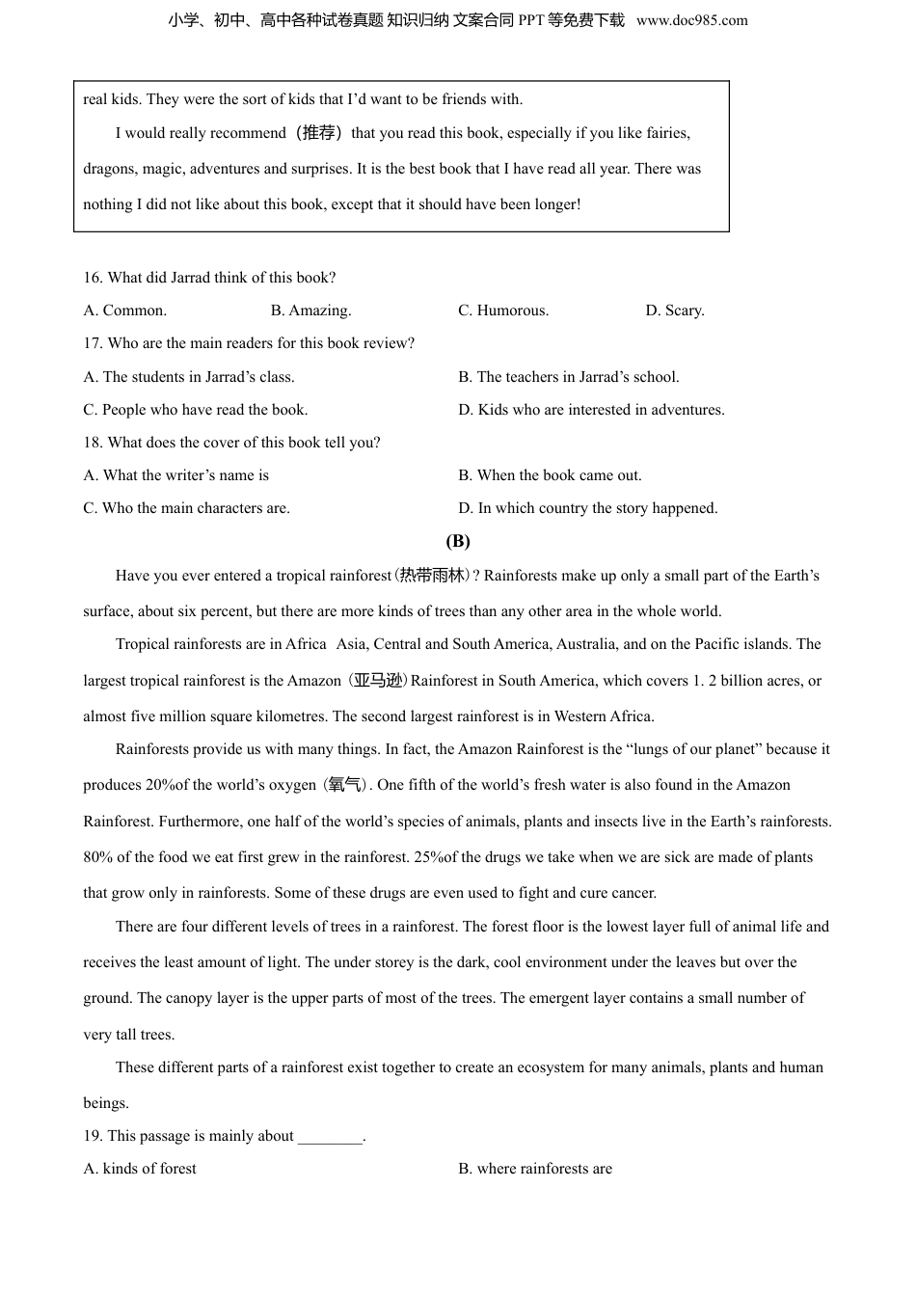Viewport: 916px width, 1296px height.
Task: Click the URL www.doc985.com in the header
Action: pyautogui.click(x=691, y=20)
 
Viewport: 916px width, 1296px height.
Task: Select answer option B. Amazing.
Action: pyautogui.click(x=310, y=310)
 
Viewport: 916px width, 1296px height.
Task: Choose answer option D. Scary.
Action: pyautogui.click(x=675, y=310)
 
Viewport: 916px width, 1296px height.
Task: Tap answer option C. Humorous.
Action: pyautogui.click(x=503, y=310)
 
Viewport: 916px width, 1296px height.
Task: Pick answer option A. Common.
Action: pyautogui.click(x=125, y=310)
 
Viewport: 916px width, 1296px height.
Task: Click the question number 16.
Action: pyautogui.click(x=93, y=278)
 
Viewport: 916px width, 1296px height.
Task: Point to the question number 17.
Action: pyautogui.click(x=93, y=343)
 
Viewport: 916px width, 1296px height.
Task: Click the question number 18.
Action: pyautogui.click(x=93, y=443)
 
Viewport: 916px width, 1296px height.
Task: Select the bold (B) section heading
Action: pyautogui.click(x=458, y=541)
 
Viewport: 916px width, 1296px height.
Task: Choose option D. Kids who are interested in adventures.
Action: pyautogui.click(x=591, y=410)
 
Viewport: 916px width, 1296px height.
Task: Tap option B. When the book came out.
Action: pyautogui.click(x=550, y=475)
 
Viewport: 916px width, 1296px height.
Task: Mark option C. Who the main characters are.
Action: pyautogui.click(x=186, y=508)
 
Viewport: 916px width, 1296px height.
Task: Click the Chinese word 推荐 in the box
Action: pyautogui.click(x=319, y=133)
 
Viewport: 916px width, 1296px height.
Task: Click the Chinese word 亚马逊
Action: pyautogui.click(x=377, y=681)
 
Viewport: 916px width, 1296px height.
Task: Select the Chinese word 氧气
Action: pyautogui.click(x=344, y=785)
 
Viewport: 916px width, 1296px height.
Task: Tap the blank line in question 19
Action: pyautogui.click(x=330, y=1137)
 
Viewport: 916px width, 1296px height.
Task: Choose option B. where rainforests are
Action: pyautogui.click(x=535, y=1169)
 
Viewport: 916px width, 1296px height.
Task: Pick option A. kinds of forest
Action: pyautogui.click(x=140, y=1169)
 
